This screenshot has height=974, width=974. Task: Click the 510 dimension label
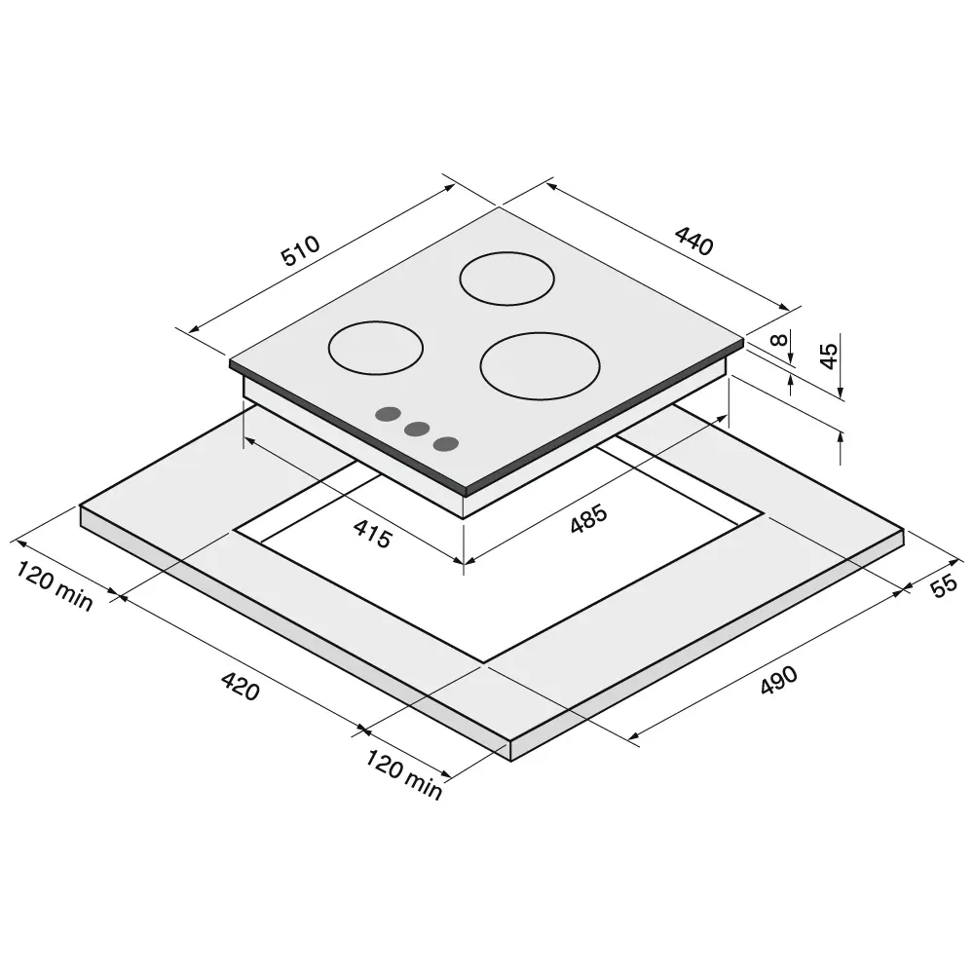click(x=301, y=250)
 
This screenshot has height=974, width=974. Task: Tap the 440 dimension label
click(x=693, y=241)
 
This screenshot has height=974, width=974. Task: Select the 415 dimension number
click(x=372, y=534)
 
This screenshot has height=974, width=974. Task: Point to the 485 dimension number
click(x=588, y=519)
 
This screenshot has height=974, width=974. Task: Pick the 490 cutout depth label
click(x=779, y=680)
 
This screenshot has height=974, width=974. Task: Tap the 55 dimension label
click(x=945, y=585)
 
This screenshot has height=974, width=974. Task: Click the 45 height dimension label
click(x=829, y=356)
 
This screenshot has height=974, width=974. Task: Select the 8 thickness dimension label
click(x=778, y=340)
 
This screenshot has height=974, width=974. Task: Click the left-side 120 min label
click(x=54, y=585)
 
